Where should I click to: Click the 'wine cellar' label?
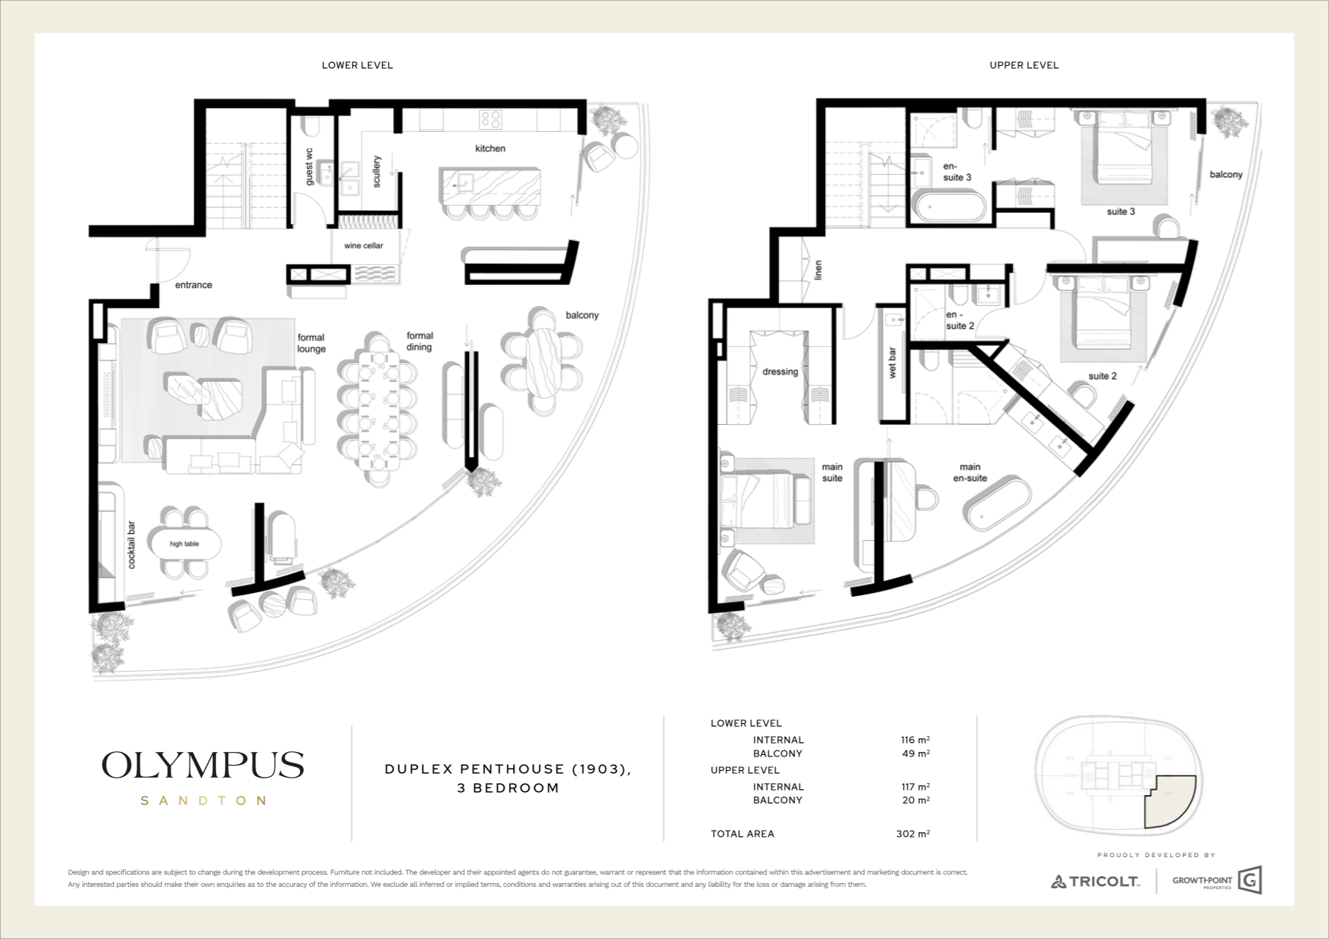[x=364, y=245]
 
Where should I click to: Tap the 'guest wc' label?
[x=309, y=166]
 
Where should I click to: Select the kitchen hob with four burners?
[x=491, y=120]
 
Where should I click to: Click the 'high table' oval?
[x=185, y=544]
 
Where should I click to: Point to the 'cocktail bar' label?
[x=132, y=544]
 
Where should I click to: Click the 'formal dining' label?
[x=419, y=341]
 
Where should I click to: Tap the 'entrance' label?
[x=193, y=285]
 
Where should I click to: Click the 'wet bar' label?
[x=892, y=363]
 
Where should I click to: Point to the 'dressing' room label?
[x=780, y=372]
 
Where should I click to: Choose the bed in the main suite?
[x=765, y=501]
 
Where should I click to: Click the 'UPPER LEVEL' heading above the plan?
[x=1024, y=65]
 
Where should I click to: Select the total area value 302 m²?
[x=912, y=834]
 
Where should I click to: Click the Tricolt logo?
[x=1095, y=881]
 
